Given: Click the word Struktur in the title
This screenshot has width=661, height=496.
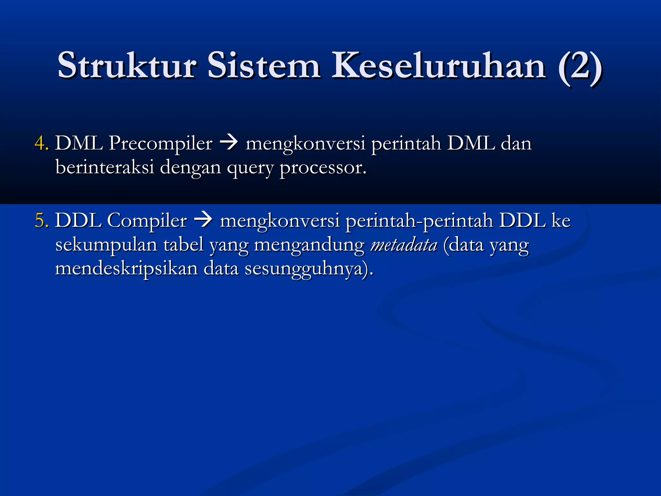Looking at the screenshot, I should click(x=127, y=65).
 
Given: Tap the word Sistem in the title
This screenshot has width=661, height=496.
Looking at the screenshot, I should click(x=264, y=65).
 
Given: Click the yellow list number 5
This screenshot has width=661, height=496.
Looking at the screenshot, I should click(x=41, y=221).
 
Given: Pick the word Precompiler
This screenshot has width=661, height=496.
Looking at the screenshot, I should click(x=160, y=144).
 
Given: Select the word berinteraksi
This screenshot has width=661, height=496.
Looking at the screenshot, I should click(x=105, y=167).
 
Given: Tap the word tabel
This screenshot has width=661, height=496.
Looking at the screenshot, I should click(x=183, y=244).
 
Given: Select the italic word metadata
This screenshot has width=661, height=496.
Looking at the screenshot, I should click(x=404, y=245).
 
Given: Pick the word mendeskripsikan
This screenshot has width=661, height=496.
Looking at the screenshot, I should click(x=126, y=269).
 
